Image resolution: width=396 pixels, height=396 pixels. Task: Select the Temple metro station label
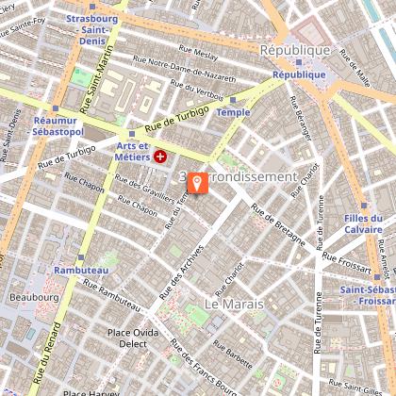pos(234,111)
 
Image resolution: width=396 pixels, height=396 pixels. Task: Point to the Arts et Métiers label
pos(133,151)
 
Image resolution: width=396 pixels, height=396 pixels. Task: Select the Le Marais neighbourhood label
pos(232,305)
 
